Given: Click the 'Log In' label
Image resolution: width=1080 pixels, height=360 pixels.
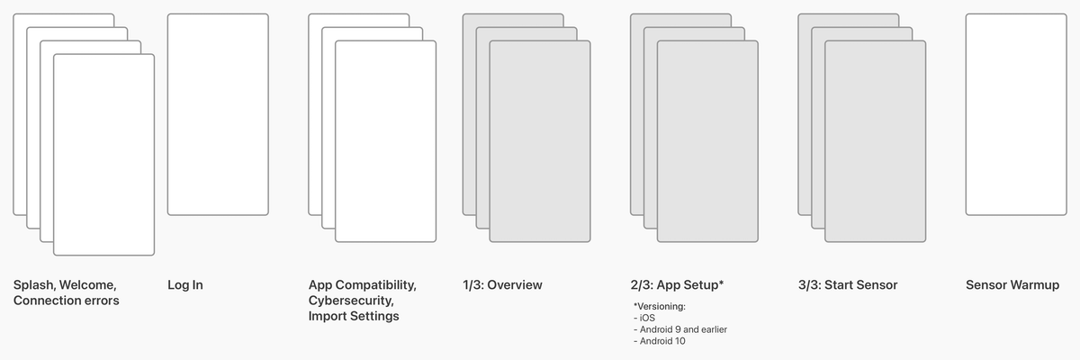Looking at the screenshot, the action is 185,285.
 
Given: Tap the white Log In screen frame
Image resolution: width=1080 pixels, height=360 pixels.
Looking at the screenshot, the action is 218,114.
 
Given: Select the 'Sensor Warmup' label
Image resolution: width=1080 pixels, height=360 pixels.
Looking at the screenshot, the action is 1012,285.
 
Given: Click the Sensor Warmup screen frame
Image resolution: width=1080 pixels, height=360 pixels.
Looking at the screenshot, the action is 1015,114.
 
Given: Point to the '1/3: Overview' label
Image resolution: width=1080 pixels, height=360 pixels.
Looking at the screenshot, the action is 502,285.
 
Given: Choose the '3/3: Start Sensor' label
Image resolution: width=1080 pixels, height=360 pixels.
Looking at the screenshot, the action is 847,285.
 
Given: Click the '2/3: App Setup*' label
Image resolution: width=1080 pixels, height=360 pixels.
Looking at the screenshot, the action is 677,285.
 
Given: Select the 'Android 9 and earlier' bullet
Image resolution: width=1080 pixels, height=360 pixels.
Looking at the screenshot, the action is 680,329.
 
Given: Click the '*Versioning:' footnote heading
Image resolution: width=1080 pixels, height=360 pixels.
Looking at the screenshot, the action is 660,307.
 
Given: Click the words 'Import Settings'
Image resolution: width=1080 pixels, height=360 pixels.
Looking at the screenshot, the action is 354,316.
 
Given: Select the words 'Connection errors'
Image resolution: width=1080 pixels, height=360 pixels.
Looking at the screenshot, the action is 66,301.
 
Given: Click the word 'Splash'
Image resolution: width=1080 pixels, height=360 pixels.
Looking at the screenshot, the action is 32,285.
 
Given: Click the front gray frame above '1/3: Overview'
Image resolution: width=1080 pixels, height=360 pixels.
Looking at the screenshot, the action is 540,141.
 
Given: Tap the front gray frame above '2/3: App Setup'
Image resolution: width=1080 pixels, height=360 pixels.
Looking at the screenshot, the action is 707,141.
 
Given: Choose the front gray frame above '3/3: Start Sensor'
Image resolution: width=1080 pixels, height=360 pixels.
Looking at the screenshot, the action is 875,141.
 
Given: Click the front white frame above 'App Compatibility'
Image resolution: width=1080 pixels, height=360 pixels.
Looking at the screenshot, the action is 385,141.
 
